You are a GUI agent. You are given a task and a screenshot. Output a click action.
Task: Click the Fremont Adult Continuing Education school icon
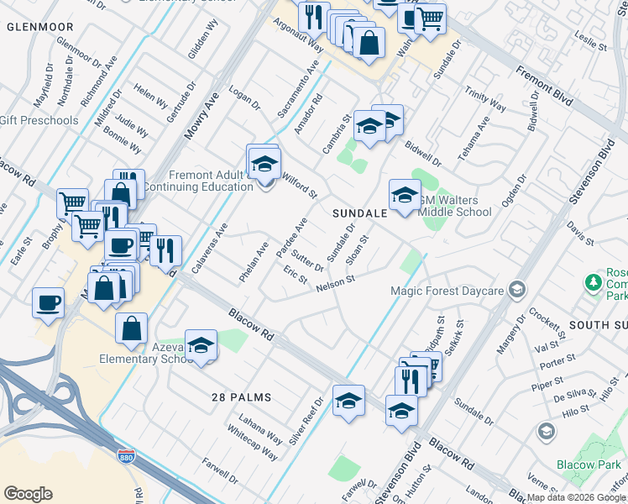coord(264,164)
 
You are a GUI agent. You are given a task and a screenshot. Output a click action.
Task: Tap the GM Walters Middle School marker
coord(404,197)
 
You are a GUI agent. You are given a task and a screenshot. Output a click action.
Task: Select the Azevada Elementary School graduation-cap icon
coord(201,345)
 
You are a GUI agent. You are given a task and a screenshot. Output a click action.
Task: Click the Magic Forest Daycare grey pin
coord(517,290)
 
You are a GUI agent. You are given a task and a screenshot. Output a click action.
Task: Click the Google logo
coord(28,494)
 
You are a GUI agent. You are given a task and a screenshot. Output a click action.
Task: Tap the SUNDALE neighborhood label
coord(358,213)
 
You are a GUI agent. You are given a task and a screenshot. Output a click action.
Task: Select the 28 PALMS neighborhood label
coord(241,396)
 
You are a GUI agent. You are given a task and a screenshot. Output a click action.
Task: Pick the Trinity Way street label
coord(485,102)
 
